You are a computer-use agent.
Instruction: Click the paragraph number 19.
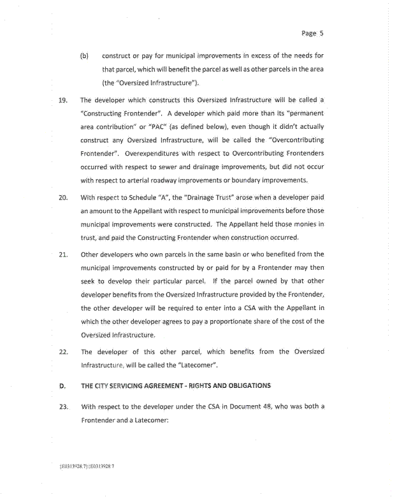tap(63, 100)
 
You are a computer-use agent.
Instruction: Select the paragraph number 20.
tap(63, 197)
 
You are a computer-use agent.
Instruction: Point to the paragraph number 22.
tap(63, 352)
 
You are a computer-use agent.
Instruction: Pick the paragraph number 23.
tap(63, 406)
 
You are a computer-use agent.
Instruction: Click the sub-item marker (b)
tap(84, 56)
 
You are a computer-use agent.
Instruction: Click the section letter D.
tap(62, 385)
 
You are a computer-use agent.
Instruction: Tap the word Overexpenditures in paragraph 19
tap(155, 154)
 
